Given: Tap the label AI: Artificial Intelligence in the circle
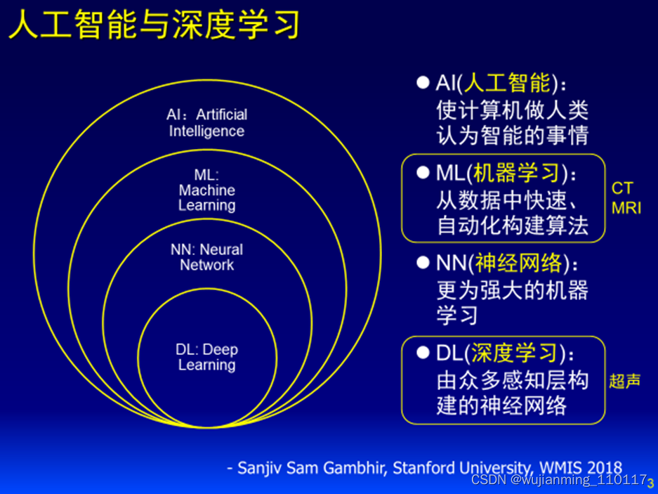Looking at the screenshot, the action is [x=206, y=123].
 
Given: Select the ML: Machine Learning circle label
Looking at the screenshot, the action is [x=206, y=190].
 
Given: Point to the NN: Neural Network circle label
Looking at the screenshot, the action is [x=206, y=257].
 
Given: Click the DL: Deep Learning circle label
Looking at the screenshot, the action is [x=206, y=358].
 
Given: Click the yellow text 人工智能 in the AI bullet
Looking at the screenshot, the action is [x=507, y=84].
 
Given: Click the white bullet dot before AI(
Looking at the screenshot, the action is [x=422, y=82].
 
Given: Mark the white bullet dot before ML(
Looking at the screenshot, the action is [x=422, y=172].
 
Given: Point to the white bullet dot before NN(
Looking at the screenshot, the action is [x=422, y=263].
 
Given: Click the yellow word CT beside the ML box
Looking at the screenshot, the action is [x=622, y=188].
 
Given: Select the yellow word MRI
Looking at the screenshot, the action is [x=626, y=208].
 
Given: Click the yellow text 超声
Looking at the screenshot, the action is [x=624, y=381].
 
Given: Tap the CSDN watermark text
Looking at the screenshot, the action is [x=558, y=481].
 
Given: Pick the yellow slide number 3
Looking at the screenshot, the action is [x=651, y=483].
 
